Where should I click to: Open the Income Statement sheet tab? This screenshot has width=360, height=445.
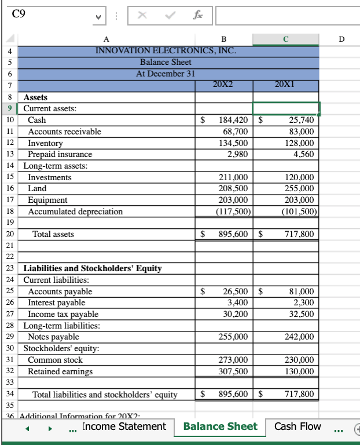coord(124,427)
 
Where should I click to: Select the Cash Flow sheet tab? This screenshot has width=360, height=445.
coord(297,427)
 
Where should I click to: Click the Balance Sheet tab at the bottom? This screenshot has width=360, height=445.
coord(220,427)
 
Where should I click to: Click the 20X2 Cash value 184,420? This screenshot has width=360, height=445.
coord(234,120)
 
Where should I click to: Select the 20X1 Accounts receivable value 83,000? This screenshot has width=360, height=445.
coord(302,132)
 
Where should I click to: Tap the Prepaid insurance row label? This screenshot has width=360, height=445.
coord(60,154)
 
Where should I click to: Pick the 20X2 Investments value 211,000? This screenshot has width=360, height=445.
coord(234,177)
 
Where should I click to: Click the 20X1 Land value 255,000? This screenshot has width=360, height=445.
coord(300,188)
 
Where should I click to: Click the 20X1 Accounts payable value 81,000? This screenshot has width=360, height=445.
coord(302,291)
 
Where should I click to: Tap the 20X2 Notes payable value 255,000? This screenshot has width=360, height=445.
coord(234,337)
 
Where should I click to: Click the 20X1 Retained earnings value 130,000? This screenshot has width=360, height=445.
coord(300,371)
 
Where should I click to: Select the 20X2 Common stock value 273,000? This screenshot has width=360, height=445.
coord(234,360)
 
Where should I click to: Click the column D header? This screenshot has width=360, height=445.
coord(341,39)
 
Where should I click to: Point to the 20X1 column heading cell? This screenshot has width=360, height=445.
coord(286,85)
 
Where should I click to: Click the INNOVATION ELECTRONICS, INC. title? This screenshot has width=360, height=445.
coord(166,50)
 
